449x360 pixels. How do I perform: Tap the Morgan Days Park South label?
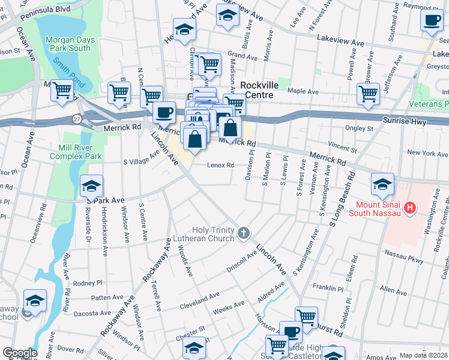(x=68, y=44)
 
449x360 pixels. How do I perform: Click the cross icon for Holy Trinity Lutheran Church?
(x=243, y=233)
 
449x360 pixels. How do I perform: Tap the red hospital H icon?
(x=410, y=208)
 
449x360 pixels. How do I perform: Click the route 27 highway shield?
(x=77, y=119)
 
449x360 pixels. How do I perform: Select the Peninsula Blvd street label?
(x=44, y=12)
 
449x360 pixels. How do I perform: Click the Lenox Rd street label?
(x=221, y=165)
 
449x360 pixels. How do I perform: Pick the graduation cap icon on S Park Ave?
(x=92, y=185)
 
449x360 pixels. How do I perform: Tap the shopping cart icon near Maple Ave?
(x=368, y=94)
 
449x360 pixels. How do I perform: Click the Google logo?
(x=19, y=353)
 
